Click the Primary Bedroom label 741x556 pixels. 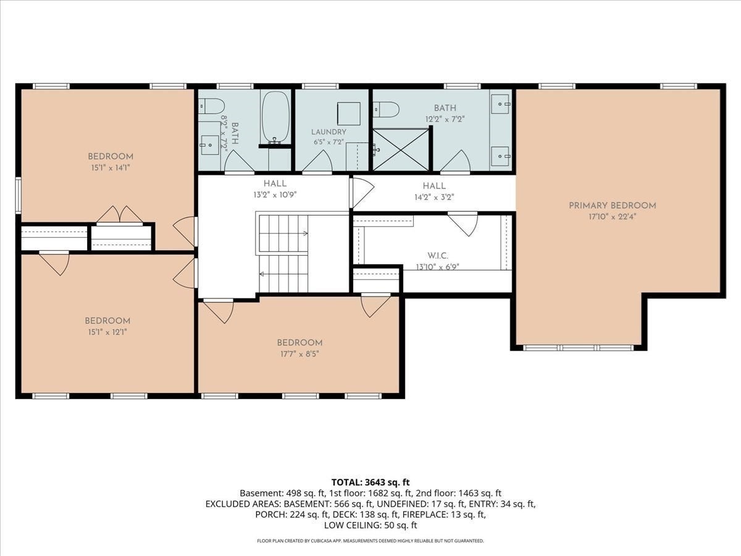pos(613,206)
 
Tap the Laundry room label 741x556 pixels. pos(329,132)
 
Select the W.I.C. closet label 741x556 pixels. pos(438,256)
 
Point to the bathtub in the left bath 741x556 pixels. pos(276,117)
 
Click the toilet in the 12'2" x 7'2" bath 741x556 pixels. pos(386,109)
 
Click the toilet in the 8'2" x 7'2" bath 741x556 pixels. pos(211,106)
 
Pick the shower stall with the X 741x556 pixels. pos(401,150)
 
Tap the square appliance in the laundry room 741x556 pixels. pos(349,114)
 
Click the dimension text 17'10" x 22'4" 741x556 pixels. pos(613,217)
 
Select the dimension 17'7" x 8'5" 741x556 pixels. pos(299,354)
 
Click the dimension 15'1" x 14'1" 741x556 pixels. pos(111,168)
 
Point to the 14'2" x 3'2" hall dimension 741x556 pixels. pos(435,197)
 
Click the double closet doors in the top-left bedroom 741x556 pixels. pos(120,215)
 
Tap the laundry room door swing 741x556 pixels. pos(317,161)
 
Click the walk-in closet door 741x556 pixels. pos(463,224)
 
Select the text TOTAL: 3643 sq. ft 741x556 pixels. pos(371,482)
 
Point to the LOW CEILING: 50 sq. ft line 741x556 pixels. pos(371,525)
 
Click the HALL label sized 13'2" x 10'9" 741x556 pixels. pos(275,183)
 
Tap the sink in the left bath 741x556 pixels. pos(209,145)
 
